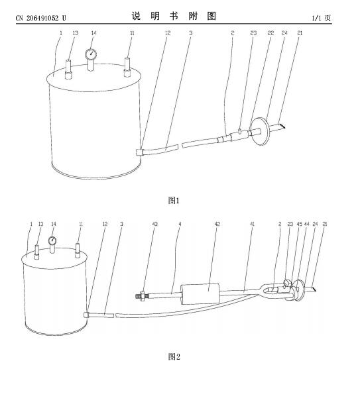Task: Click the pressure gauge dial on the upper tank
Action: click(x=91, y=54)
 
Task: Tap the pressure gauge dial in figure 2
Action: click(x=52, y=240)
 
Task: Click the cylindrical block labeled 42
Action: click(x=200, y=294)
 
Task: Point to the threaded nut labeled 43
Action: click(x=142, y=295)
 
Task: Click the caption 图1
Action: click(x=174, y=201)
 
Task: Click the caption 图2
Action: click(x=174, y=356)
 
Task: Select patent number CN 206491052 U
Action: click(x=41, y=18)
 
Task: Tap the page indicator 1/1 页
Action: click(x=322, y=18)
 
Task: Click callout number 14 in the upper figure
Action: click(x=93, y=33)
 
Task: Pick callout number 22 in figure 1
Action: click(x=270, y=33)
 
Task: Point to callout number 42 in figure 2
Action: click(x=217, y=224)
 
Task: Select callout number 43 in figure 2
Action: click(x=154, y=224)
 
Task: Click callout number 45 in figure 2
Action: click(x=299, y=224)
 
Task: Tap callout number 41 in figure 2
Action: click(x=252, y=224)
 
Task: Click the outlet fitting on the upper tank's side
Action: click(x=139, y=152)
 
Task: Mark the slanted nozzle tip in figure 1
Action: click(x=282, y=127)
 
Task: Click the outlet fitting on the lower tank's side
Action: click(x=87, y=315)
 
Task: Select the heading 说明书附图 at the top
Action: click(x=174, y=16)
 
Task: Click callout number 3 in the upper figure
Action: click(x=190, y=33)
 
